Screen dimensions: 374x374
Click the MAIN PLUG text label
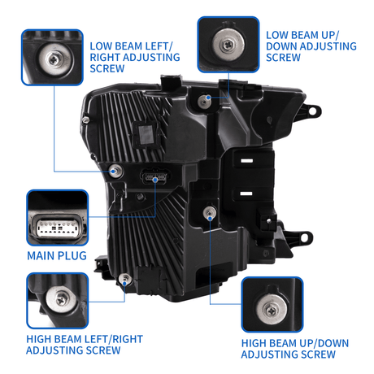tap(57, 255)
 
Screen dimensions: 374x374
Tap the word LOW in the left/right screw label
tap(102, 46)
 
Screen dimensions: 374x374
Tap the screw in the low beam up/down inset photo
tap(228, 43)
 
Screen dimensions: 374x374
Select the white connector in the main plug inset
tap(57, 227)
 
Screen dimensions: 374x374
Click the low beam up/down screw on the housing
tap(204, 102)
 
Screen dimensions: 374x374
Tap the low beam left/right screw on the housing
tap(115, 171)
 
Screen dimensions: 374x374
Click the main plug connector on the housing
tap(154, 176)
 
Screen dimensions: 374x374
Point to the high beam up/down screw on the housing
tap(209, 213)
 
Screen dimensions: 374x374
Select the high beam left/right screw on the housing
tap(125, 279)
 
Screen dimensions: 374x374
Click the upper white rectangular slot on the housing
tap(246, 161)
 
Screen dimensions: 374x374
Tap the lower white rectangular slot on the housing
tap(246, 194)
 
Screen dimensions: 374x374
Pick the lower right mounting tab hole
tap(304, 237)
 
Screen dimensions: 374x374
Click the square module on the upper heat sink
tap(146, 134)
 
